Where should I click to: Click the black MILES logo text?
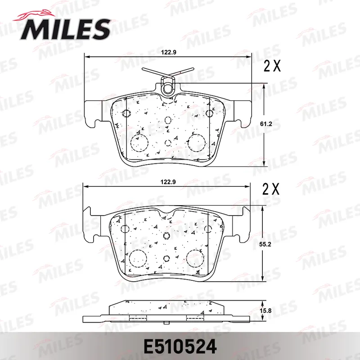(65, 30)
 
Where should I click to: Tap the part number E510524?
(180, 346)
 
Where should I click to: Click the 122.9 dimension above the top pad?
(168, 52)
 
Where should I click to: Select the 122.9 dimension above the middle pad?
(168, 182)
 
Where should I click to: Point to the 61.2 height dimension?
(266, 124)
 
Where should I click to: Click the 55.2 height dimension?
(265, 244)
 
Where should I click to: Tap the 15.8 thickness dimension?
(265, 311)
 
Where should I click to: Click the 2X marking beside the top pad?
(272, 66)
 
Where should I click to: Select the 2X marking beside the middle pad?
(271, 189)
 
